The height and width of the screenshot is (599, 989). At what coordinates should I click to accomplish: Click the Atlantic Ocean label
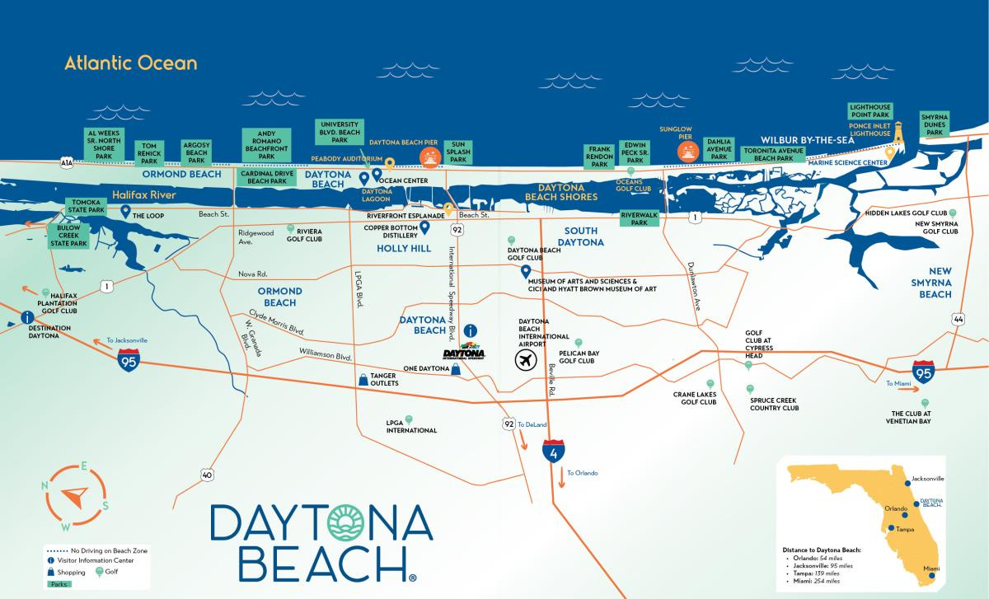click(x=131, y=63)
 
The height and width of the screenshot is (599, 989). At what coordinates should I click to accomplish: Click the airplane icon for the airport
click(x=525, y=359)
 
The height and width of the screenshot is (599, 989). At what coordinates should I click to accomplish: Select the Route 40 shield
click(x=207, y=475)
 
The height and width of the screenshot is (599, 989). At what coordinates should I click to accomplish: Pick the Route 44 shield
click(x=957, y=319)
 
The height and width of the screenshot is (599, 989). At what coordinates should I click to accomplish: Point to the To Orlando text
click(x=582, y=473)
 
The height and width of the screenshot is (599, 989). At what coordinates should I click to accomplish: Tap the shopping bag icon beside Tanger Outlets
click(x=363, y=379)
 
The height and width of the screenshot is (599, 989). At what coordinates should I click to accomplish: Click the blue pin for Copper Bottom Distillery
click(x=425, y=227)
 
